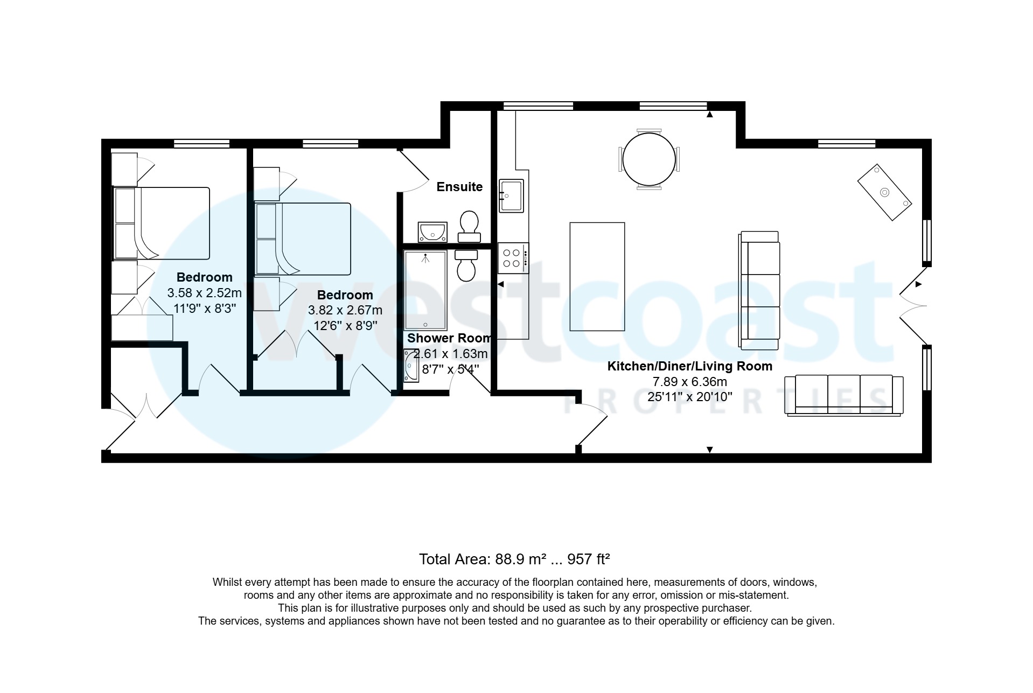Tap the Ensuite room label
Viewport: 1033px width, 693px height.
pyautogui.click(x=459, y=187)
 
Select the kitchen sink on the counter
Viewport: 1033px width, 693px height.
pyautogui.click(x=511, y=196)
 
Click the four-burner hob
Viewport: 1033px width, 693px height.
pyautogui.click(x=513, y=258)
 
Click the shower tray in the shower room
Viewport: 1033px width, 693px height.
pyautogui.click(x=425, y=290)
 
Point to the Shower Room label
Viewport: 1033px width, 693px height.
pyautogui.click(x=449, y=338)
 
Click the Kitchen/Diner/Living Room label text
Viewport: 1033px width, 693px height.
pyautogui.click(x=690, y=366)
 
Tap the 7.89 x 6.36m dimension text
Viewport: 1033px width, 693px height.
pyautogui.click(x=690, y=382)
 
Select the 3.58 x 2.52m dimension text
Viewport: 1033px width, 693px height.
pyautogui.click(x=205, y=293)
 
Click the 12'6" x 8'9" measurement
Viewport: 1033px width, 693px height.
pyautogui.click(x=345, y=326)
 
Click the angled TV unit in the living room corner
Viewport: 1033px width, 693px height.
pyautogui.click(x=885, y=192)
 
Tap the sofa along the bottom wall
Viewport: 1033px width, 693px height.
pyautogui.click(x=844, y=395)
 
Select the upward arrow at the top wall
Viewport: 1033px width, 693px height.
pyautogui.click(x=710, y=114)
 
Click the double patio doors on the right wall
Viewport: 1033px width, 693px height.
pyautogui.click(x=913, y=305)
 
